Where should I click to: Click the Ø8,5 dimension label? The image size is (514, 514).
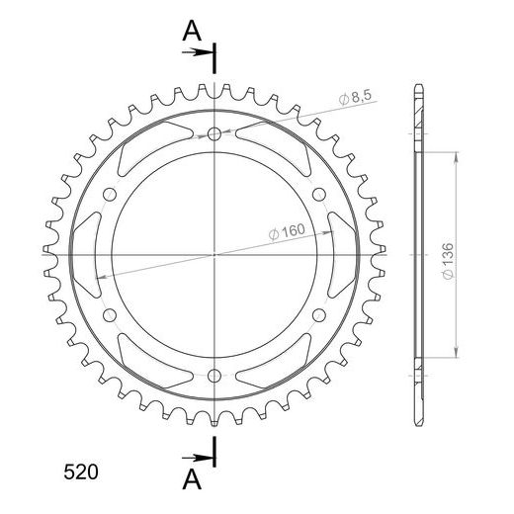tap(355, 97)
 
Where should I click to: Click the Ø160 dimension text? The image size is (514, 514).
tap(287, 231)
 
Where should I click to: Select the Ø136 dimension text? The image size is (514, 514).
tap(448, 261)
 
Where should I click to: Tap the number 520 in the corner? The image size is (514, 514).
tap(81, 471)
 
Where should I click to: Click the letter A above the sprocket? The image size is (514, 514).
tap(192, 31)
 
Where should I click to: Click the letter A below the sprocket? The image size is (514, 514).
tap(192, 479)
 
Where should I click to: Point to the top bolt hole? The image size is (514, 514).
tap(214, 133)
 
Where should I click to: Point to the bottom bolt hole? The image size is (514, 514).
tap(214, 376)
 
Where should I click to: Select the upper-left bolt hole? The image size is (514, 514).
tap(110, 195)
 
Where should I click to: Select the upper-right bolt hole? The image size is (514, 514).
tap(319, 195)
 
